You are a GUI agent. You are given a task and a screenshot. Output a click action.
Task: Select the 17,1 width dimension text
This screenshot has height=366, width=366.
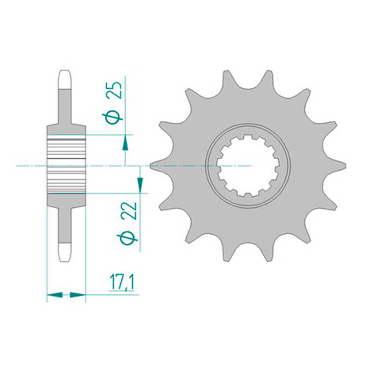click(121, 283)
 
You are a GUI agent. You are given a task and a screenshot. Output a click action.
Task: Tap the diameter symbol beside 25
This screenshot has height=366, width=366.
click(113, 117)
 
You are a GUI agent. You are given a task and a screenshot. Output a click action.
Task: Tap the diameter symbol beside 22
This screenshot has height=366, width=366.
click(127, 237)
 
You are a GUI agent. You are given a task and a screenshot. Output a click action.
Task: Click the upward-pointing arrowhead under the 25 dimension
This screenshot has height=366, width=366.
click(125, 143)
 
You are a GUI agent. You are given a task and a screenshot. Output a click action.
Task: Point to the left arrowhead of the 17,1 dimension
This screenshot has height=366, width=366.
click(55, 295)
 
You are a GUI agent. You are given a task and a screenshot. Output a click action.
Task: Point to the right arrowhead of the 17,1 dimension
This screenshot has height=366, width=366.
click(78, 295)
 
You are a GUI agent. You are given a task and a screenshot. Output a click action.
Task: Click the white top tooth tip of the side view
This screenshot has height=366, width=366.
click(65, 79)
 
